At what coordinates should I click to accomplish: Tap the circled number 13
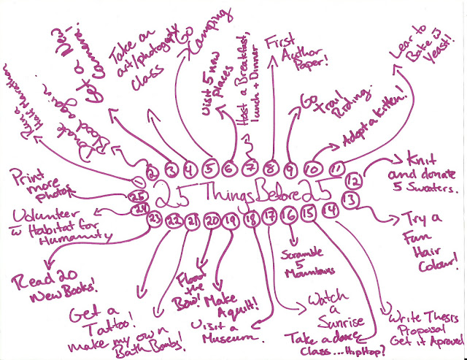pyautogui.click(x=351, y=199)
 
